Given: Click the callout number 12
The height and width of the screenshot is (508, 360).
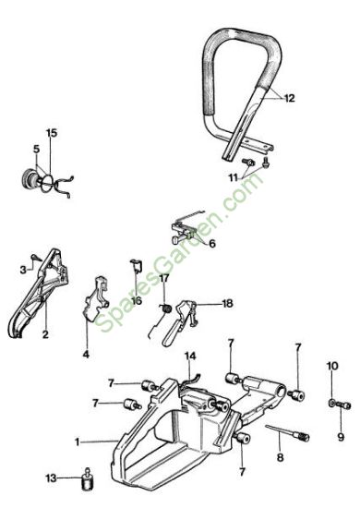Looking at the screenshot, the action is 290,98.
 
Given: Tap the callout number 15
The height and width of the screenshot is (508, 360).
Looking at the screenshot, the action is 51,133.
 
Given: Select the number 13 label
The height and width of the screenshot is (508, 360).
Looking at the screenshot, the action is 51,478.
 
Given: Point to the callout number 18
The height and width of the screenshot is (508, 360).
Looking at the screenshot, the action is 227,304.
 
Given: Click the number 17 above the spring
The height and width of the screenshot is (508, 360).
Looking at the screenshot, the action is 164,278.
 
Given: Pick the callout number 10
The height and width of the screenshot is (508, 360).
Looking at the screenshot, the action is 332,366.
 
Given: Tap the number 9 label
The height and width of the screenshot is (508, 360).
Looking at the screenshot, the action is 341,437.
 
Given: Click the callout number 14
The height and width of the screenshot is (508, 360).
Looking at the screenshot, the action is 190,356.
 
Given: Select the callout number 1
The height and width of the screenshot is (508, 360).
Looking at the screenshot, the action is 77,441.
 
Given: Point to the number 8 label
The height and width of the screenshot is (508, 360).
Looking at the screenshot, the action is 281,457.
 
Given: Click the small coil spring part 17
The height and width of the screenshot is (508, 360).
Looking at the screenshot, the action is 166,308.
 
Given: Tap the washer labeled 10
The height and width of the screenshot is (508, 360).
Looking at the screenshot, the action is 332,403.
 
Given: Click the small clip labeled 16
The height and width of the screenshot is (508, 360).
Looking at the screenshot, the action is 137,266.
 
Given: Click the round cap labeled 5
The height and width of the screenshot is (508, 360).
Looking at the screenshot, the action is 30,178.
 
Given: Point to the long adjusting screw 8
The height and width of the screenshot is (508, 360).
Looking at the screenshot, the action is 287,433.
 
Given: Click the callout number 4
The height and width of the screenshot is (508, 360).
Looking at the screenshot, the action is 86,354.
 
